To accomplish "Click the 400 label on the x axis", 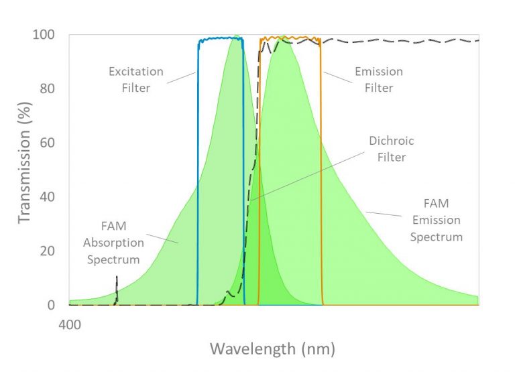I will (70, 325).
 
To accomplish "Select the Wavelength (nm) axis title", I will (272, 349).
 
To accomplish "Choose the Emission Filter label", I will (379, 80).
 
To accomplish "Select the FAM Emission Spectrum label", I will (436, 219).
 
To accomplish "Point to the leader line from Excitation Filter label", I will (180, 78).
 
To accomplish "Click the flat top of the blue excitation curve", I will (220, 40).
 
